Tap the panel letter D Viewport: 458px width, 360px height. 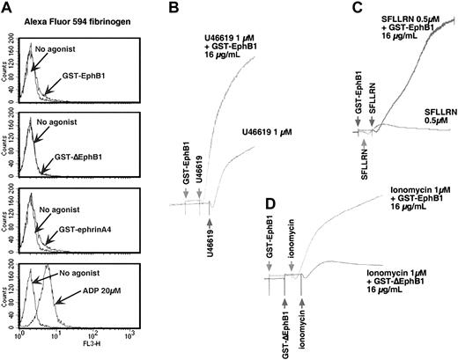click(x=271, y=209)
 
